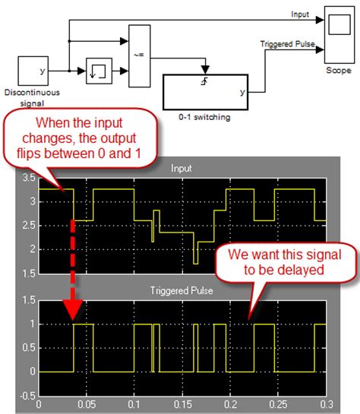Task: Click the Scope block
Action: (336, 34)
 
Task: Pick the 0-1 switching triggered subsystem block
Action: (206, 92)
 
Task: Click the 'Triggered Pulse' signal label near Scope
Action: (287, 45)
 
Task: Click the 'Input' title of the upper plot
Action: (182, 169)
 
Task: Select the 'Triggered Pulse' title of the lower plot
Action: (182, 290)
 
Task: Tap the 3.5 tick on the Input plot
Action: (28, 179)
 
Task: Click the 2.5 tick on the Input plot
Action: (28, 226)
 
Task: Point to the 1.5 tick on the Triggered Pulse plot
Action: (28, 300)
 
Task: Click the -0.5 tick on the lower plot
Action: (27, 394)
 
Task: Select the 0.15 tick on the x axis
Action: (182, 406)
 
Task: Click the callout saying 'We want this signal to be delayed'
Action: (274, 263)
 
